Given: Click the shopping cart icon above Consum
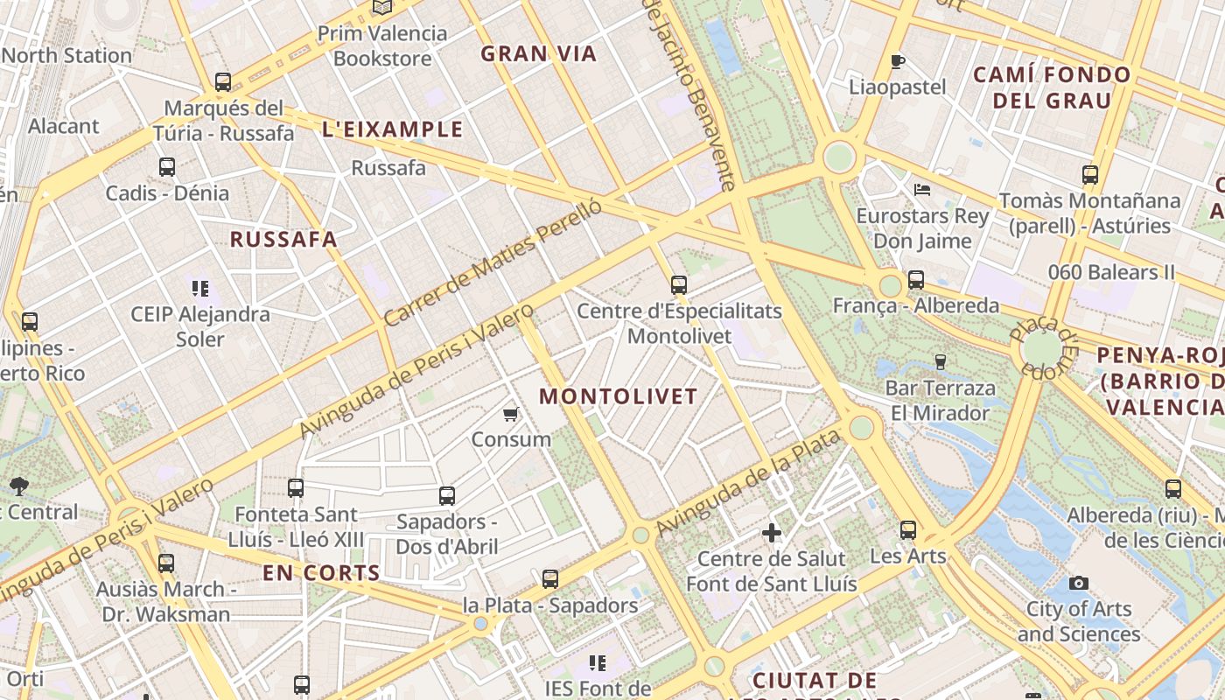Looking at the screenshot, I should tap(511, 414).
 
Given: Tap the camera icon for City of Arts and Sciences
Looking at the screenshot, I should tap(1079, 583).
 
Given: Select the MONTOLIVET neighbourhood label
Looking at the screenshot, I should tap(618, 395).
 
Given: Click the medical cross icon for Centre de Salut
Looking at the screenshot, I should tap(771, 532).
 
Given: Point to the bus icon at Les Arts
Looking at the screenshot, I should tap(908, 529).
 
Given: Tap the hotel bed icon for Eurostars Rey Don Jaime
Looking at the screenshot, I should tap(921, 189).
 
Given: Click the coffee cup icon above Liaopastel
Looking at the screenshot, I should tap(897, 61).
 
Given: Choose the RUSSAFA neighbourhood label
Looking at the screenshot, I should tap(283, 239).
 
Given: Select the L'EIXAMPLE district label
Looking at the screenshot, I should tap(393, 129).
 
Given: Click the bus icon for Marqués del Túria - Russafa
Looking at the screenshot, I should tap(223, 82).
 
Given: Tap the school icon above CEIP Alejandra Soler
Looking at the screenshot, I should tap(200, 288).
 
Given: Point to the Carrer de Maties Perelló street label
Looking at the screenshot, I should tap(493, 262).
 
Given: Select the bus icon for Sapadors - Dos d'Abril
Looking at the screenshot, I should tap(446, 496).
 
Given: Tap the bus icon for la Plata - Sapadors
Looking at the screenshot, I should tap(549, 579).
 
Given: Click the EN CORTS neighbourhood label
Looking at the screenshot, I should tap(321, 574).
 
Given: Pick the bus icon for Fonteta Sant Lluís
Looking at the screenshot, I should tap(296, 488).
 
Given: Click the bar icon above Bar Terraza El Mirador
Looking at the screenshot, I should tap(941, 361).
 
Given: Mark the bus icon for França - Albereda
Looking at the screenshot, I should tap(915, 280).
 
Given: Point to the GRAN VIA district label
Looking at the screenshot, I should tap(538, 53).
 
